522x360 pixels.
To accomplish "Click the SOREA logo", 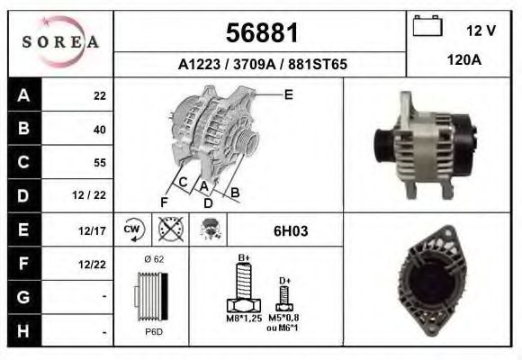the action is coord(60,41).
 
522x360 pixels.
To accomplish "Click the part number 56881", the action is coord(262,33).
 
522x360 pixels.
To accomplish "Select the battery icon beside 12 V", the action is coord(427,25).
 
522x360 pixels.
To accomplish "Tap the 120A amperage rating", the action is coord(464,60).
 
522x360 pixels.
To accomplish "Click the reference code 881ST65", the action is coord(318,64).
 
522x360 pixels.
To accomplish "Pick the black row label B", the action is coord(24,128).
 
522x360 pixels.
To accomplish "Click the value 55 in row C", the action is coord(100,163).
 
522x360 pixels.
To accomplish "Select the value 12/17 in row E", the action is coord(92,230).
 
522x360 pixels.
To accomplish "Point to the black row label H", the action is coord(23,331).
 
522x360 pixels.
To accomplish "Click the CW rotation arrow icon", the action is coord(134,229).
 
